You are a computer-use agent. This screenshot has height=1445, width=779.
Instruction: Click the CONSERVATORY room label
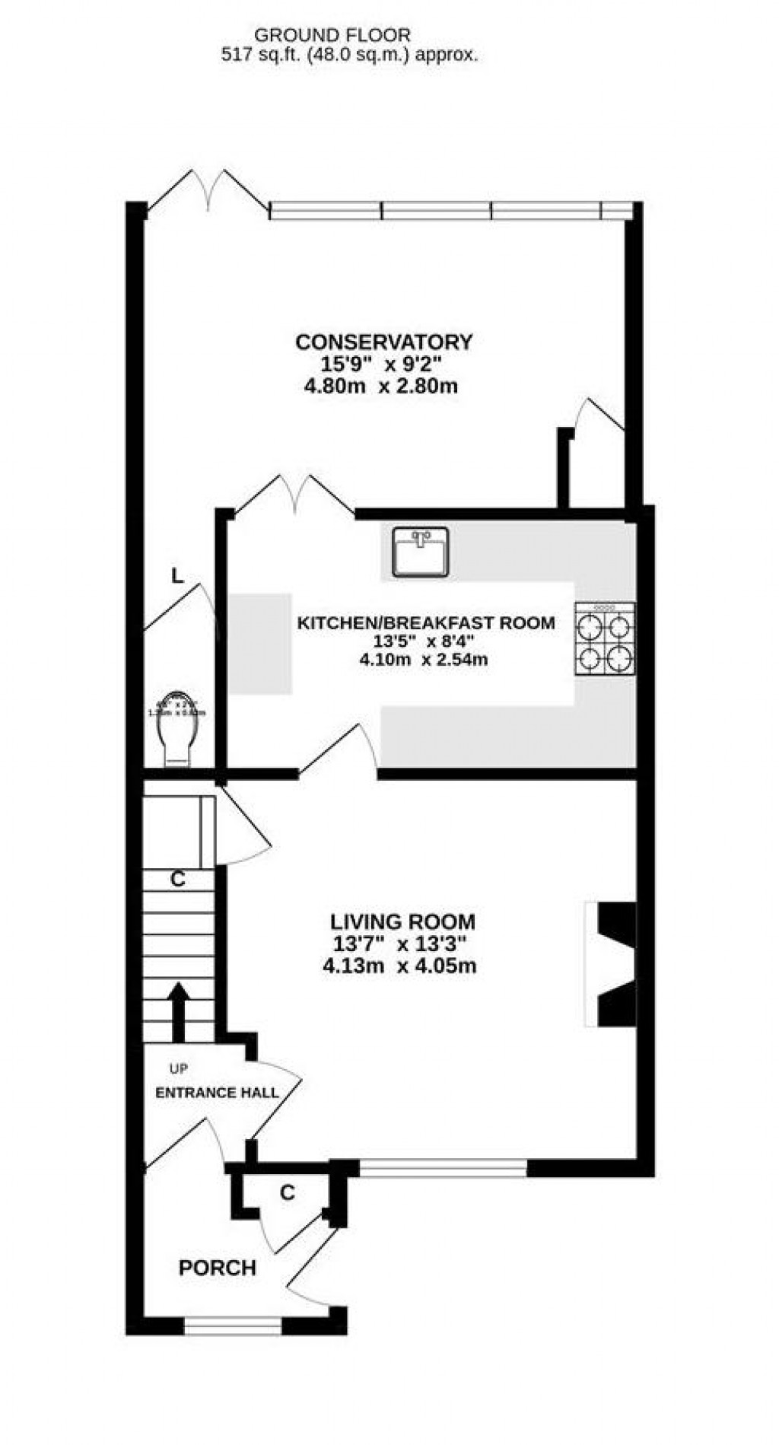383,342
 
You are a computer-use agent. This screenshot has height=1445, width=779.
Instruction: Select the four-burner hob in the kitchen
605,638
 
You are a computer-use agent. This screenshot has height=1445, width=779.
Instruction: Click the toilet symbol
180,730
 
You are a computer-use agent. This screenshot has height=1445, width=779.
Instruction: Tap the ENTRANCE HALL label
217,1093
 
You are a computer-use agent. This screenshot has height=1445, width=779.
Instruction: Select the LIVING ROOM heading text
402,922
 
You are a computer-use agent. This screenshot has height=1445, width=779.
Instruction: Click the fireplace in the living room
612,964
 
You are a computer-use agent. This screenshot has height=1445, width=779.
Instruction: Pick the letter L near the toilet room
177,576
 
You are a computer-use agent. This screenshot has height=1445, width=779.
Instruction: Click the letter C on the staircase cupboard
178,880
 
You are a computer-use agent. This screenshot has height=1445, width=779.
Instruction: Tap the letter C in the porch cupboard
287,1193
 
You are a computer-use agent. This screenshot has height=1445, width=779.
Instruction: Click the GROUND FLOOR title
332,35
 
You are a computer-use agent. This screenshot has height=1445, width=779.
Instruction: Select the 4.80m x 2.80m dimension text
380,386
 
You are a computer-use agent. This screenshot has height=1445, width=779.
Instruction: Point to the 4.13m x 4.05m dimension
399,966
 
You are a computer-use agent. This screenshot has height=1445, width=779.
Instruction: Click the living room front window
443,1167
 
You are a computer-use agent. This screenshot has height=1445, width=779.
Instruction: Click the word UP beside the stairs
179,1069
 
